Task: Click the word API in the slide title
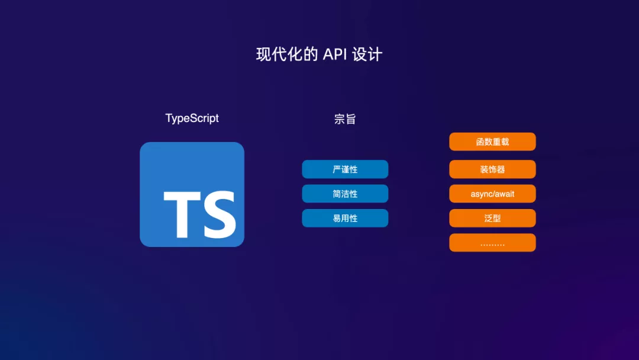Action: pos(334,54)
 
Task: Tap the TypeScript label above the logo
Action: pos(192,118)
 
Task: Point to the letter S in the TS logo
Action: pos(220,214)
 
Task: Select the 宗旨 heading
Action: pos(345,119)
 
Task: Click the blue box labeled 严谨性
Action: pos(345,169)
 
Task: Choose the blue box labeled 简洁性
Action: pos(345,194)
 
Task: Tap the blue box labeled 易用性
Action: pos(345,218)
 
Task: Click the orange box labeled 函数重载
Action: pos(492,142)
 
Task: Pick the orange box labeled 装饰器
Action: pos(492,169)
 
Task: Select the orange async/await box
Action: pos(492,194)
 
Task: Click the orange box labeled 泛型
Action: pos(492,218)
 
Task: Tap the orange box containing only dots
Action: pos(492,243)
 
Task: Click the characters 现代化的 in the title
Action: pos(287,54)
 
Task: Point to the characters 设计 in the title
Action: pos(367,54)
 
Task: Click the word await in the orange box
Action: pos(504,194)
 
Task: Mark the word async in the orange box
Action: pos(480,194)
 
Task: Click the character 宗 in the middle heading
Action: pos(340,119)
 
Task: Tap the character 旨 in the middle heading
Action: pos(350,119)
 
